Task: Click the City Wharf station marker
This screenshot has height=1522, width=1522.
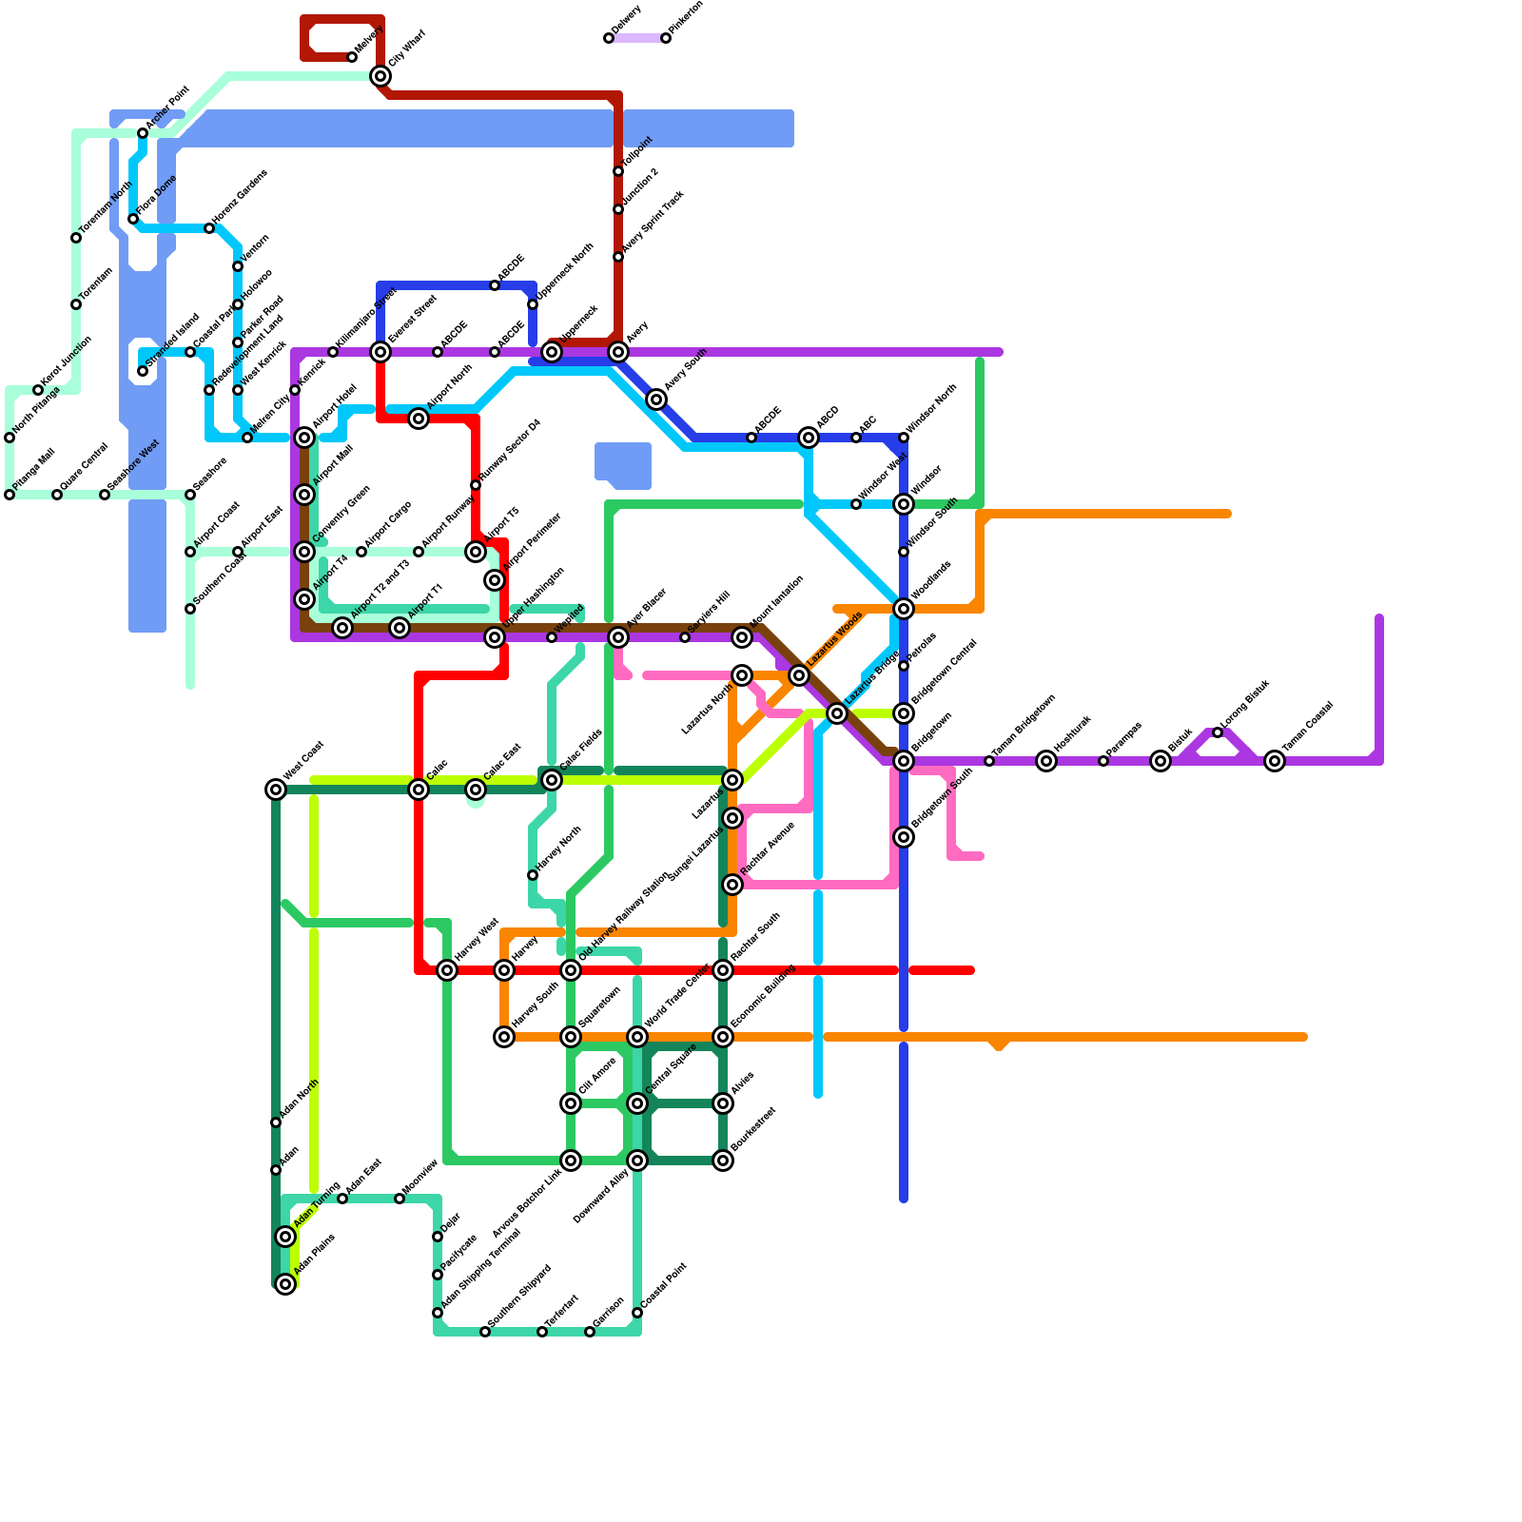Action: (x=380, y=76)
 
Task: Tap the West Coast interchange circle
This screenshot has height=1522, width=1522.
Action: (x=276, y=790)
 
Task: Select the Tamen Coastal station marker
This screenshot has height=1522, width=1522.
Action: (x=1275, y=761)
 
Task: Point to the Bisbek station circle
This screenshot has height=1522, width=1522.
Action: (x=1161, y=761)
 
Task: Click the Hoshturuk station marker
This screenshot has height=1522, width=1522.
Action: (x=1046, y=761)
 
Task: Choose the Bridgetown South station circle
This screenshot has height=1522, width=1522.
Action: (x=904, y=837)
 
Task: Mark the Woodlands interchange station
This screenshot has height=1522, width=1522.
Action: (x=904, y=609)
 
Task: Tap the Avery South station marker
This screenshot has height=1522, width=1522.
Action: (x=656, y=400)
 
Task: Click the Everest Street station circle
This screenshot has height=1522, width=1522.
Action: (x=380, y=352)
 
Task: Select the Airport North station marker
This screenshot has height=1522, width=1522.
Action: (x=419, y=419)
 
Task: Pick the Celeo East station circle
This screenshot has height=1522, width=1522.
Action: (x=476, y=790)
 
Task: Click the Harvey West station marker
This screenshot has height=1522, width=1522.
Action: (x=447, y=970)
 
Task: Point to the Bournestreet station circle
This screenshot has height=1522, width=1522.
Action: (x=723, y=1161)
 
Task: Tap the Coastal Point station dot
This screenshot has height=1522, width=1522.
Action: (x=637, y=1313)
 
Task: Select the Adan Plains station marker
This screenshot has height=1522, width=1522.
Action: (x=285, y=1284)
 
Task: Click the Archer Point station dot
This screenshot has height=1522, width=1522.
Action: (x=143, y=133)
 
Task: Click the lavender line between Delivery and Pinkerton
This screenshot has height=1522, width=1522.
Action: (x=637, y=38)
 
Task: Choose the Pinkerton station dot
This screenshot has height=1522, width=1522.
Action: (x=666, y=38)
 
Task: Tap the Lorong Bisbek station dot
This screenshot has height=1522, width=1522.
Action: (x=1218, y=732)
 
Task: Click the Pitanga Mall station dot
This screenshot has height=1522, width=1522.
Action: (x=10, y=495)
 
